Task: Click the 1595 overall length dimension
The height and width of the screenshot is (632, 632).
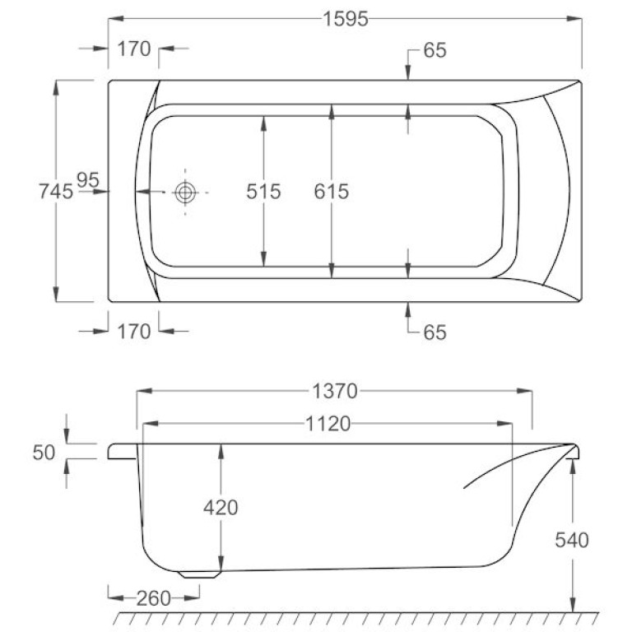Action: [x=346, y=19]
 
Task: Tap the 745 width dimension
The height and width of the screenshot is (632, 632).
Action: [x=56, y=191]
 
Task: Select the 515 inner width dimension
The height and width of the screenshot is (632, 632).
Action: [x=263, y=191]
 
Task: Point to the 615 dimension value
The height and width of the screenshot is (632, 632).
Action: [x=332, y=191]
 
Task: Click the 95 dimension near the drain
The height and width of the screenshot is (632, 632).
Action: [x=88, y=179]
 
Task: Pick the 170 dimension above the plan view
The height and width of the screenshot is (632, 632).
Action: [x=134, y=49]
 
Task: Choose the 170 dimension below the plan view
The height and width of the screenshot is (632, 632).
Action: [x=134, y=332]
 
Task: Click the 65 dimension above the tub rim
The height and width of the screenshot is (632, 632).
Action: [x=434, y=50]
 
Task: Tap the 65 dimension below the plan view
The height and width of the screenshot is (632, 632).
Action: [x=434, y=332]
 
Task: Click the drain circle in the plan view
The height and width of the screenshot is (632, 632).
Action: [x=185, y=192]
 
